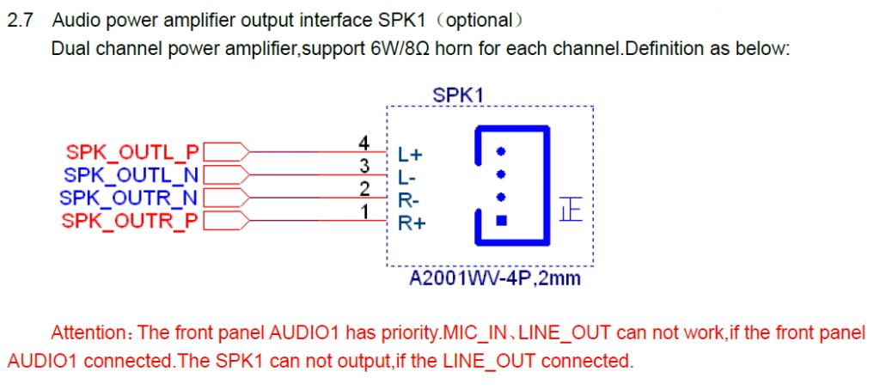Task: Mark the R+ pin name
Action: click(407, 223)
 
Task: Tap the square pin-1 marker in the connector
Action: click(503, 218)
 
